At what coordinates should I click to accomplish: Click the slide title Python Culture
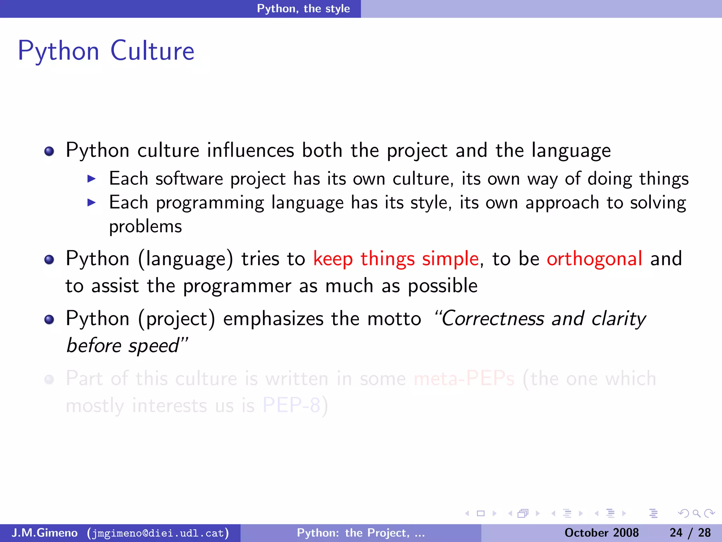pyautogui.click(x=106, y=51)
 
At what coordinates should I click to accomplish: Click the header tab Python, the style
pyautogui.click(x=303, y=8)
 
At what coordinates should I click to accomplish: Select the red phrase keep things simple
pyautogui.click(x=396, y=259)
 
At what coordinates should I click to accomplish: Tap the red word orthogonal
pyautogui.click(x=594, y=259)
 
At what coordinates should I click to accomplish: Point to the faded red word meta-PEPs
pyautogui.click(x=464, y=379)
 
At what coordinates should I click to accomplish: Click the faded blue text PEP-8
pyautogui.click(x=291, y=405)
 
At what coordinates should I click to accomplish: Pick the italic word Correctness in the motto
pyautogui.click(x=492, y=319)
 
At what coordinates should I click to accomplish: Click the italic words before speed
pyautogui.click(x=123, y=345)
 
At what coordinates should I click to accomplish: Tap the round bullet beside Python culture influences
pyautogui.click(x=49, y=151)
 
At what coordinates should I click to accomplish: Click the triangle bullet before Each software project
pyautogui.click(x=92, y=179)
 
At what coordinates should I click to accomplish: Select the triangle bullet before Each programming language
pyautogui.click(x=92, y=203)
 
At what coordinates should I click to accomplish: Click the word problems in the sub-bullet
pyautogui.click(x=145, y=227)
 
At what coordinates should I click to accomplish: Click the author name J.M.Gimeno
pyautogui.click(x=44, y=533)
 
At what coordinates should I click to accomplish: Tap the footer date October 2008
pyautogui.click(x=601, y=533)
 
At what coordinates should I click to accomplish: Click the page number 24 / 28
pyautogui.click(x=690, y=533)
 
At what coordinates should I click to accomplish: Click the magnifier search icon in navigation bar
pyautogui.click(x=696, y=513)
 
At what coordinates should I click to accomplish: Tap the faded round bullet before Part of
pyautogui.click(x=49, y=380)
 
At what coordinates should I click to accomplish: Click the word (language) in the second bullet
pyautogui.click(x=186, y=259)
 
